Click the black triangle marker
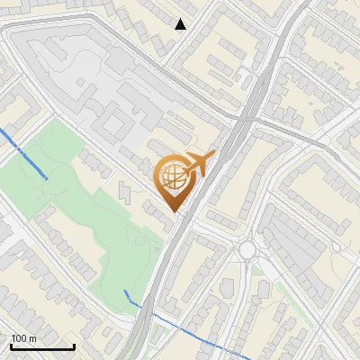pos(181,24)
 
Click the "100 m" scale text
pos(23,338)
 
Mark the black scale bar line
pos(42,347)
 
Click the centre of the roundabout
pos(247,249)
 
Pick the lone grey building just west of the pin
pos(123,191)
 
